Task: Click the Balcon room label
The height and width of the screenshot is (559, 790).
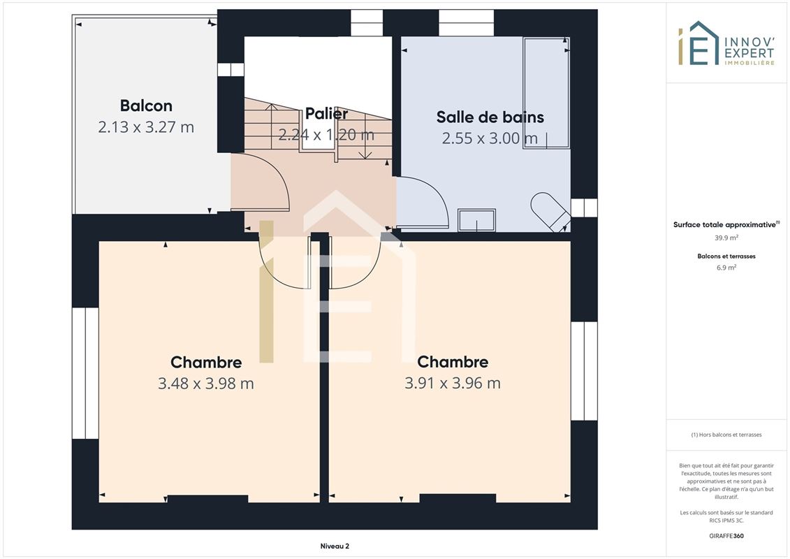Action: click(146, 106)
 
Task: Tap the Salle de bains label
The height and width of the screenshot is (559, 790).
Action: click(490, 117)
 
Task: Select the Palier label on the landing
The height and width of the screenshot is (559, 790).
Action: click(326, 113)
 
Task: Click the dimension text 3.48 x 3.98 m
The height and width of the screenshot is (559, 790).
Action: click(205, 384)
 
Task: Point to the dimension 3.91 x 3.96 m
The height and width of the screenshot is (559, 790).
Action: click(453, 383)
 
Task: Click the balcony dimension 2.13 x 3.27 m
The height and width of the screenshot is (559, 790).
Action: click(146, 127)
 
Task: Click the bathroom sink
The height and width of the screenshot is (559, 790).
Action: click(476, 220)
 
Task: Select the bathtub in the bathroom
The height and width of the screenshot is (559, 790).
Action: click(546, 93)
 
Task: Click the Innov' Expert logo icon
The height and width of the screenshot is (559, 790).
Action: click(698, 43)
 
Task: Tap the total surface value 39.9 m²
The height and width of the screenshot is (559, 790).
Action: click(726, 238)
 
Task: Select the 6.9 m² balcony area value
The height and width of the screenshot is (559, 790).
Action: click(726, 268)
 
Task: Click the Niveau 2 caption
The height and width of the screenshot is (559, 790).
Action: click(335, 546)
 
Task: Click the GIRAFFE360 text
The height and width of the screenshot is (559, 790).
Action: click(726, 536)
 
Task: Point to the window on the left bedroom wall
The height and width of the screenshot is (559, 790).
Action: click(85, 373)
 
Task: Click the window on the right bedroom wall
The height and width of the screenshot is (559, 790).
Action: click(584, 371)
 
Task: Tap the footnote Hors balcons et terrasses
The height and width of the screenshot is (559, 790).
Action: click(726, 435)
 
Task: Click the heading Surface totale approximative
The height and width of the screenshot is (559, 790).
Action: click(724, 225)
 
